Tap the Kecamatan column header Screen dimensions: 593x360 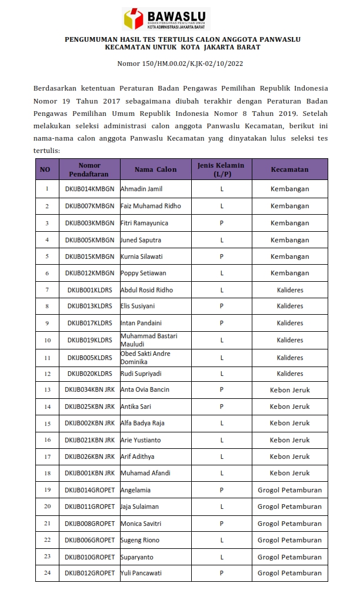point(289,169)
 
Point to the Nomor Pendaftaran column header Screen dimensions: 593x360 point(89,169)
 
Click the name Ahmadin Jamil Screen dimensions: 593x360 point(141,189)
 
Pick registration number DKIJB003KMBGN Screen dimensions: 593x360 point(89,223)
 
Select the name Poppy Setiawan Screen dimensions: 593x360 point(143,273)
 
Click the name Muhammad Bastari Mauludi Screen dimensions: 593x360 point(148,339)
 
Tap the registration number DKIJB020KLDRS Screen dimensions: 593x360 point(89,374)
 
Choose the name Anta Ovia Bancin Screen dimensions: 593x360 point(145,390)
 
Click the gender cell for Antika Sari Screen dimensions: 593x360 point(222,407)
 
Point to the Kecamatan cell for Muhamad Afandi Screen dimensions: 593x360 point(289,473)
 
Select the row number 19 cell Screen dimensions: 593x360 point(47,489)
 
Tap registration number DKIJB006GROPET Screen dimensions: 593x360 point(89,540)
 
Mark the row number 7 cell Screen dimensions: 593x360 point(47,289)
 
